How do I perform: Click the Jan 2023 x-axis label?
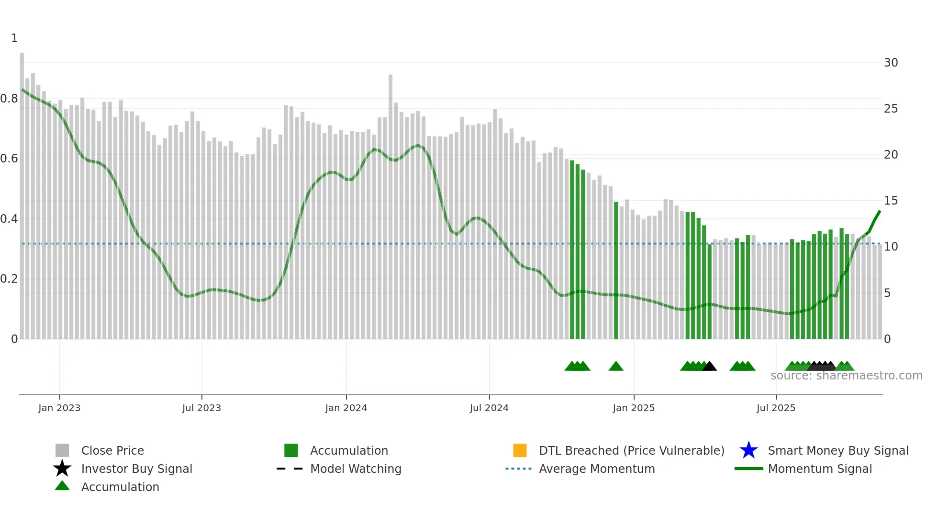click(59, 408)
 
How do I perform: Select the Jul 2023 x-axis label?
click(201, 408)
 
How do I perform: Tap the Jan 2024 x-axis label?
click(346, 408)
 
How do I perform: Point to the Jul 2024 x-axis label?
click(489, 408)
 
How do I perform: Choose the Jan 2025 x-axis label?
click(634, 408)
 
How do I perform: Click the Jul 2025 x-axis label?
click(776, 408)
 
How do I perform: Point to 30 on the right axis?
click(891, 63)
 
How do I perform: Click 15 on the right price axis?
click(891, 201)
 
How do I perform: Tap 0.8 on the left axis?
click(9, 99)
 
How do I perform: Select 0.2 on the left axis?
click(9, 279)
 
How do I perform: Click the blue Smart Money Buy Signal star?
click(748, 450)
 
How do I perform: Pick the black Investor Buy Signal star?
click(62, 469)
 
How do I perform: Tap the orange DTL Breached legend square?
click(520, 450)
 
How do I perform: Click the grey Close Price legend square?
click(62, 450)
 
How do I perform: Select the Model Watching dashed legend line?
click(290, 469)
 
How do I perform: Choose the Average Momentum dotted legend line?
click(519, 469)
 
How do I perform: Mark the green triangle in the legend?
click(62, 486)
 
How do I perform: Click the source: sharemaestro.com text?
click(846, 376)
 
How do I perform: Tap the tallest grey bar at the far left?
click(22, 192)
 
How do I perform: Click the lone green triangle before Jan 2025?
click(616, 367)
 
